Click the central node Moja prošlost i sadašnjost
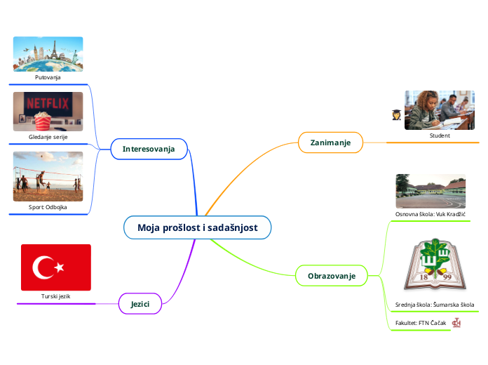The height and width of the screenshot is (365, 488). tap(197, 227)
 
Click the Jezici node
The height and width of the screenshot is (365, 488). tap(140, 303)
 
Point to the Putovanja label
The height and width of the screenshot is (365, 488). tap(48, 77)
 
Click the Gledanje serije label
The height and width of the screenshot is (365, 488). tap(48, 137)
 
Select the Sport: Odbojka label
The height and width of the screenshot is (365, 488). tap(48, 208)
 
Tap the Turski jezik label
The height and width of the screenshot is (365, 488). tap(55, 297)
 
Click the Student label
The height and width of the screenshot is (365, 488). tap(440, 135)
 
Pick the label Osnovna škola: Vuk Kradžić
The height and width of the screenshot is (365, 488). tap(431, 213)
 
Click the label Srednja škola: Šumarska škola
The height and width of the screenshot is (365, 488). tap(435, 305)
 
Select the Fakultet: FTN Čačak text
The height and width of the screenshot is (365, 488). tap(421, 322)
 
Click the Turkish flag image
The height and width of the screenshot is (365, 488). tap(56, 267)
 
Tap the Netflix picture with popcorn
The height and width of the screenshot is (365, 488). tap(48, 111)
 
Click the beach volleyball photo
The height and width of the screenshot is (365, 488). tap(48, 176)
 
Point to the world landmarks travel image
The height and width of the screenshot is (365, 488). tap(48, 54)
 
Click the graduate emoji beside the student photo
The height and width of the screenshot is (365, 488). tap(396, 114)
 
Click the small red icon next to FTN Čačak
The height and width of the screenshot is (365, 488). tap(456, 322)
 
